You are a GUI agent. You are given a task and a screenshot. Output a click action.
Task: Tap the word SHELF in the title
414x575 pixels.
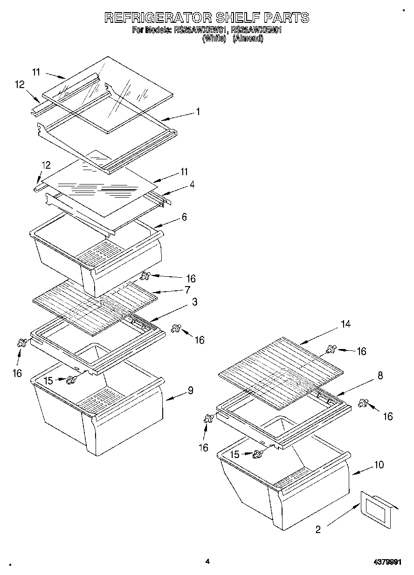(x=238, y=18)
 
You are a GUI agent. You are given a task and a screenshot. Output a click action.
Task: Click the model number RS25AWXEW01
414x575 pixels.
(x=200, y=31)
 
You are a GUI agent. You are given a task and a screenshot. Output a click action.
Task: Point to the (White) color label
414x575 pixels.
(x=214, y=39)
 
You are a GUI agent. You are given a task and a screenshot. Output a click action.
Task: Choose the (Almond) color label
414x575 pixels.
(x=248, y=39)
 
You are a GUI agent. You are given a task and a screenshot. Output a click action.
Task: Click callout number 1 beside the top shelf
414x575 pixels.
(x=198, y=112)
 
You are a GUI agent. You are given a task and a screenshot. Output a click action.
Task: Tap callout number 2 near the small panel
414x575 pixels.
(x=318, y=529)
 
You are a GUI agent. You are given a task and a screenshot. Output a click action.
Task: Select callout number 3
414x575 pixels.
(x=194, y=302)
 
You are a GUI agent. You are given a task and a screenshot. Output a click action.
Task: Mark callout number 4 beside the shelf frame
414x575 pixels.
(x=192, y=185)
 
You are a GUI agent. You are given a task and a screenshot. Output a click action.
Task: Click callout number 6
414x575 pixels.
(x=184, y=217)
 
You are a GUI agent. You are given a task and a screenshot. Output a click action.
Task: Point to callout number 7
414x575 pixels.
(x=187, y=290)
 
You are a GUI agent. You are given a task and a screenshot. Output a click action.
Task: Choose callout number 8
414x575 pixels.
(x=380, y=376)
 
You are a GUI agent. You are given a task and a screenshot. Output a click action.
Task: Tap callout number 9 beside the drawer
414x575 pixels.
(x=190, y=390)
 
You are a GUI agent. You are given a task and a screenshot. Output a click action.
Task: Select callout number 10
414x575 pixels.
(x=379, y=465)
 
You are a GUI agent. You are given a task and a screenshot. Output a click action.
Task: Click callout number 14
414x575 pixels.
(x=345, y=324)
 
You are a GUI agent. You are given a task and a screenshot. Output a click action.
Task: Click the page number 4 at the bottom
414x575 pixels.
(x=207, y=561)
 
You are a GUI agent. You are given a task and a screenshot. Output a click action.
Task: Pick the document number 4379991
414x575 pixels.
(x=386, y=562)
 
